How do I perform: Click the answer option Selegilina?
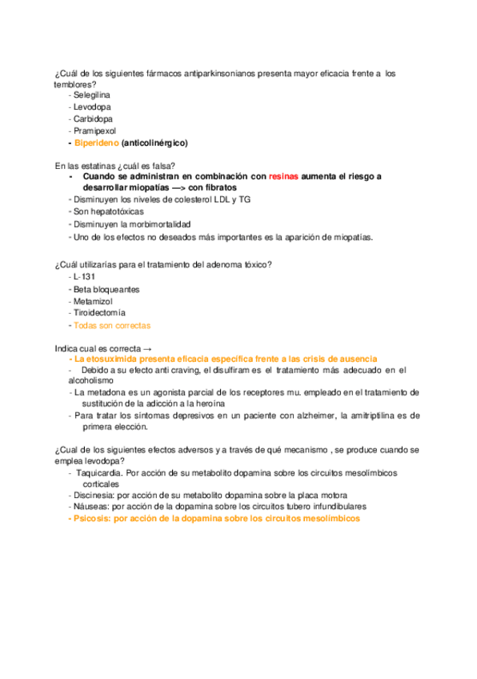pyautogui.click(x=92, y=95)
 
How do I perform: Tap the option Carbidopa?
pyautogui.click(x=93, y=119)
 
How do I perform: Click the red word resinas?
pyautogui.click(x=285, y=176)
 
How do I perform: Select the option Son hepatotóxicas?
pyautogui.click(x=109, y=212)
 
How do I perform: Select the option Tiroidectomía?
pyautogui.click(x=99, y=313)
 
